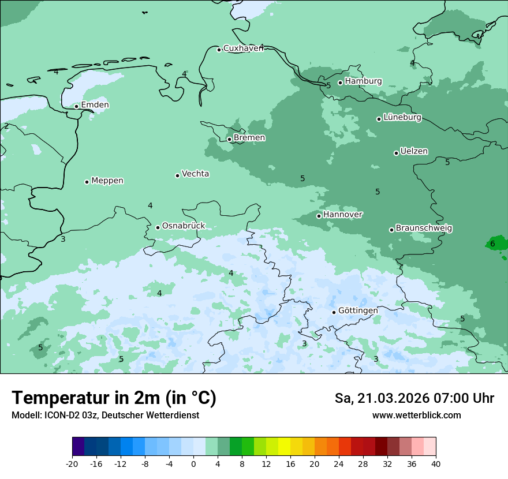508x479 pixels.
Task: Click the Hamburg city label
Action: [363, 81]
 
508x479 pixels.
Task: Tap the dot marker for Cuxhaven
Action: [219, 50]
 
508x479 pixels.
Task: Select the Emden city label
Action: [95, 105]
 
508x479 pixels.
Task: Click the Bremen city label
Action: [249, 138]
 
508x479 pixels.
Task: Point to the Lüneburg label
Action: [402, 118]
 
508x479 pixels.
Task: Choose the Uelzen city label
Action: [414, 152]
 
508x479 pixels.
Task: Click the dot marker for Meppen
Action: [87, 182]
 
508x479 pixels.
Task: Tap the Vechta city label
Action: [195, 174]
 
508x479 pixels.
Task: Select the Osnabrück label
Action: [184, 226]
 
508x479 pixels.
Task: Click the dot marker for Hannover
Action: [319, 216]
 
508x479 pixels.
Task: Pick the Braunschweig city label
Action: [424, 229]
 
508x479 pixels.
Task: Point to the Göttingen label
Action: [358, 310]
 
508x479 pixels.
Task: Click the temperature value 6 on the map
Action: [492, 244]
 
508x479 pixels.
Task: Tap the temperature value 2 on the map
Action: [6, 126]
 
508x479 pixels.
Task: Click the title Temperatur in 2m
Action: [114, 398]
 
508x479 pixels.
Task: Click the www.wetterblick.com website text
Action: [416, 416]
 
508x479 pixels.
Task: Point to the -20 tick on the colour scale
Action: [72, 463]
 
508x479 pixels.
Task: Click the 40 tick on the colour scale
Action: [435, 463]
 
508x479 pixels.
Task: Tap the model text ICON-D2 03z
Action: [69, 416]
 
